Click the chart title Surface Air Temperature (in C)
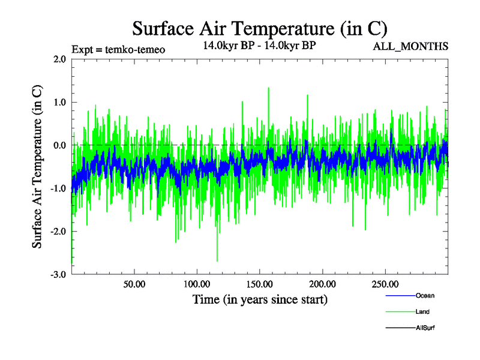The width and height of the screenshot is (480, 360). (x=259, y=28)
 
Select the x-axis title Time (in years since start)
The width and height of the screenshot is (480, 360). (x=260, y=299)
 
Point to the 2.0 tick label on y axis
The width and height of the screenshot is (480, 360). (x=59, y=59)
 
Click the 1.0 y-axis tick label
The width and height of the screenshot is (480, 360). (x=59, y=102)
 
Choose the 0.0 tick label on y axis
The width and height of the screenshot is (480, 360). (x=59, y=145)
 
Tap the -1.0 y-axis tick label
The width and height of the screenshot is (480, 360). (x=58, y=188)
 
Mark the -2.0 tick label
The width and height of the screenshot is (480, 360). (x=58, y=232)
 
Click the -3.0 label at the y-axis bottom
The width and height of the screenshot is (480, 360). (x=58, y=274)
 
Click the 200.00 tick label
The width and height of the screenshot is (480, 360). (x=322, y=284)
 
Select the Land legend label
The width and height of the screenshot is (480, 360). (x=422, y=312)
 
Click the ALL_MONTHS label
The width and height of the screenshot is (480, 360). (x=410, y=47)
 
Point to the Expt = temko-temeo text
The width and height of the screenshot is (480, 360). (x=118, y=49)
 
